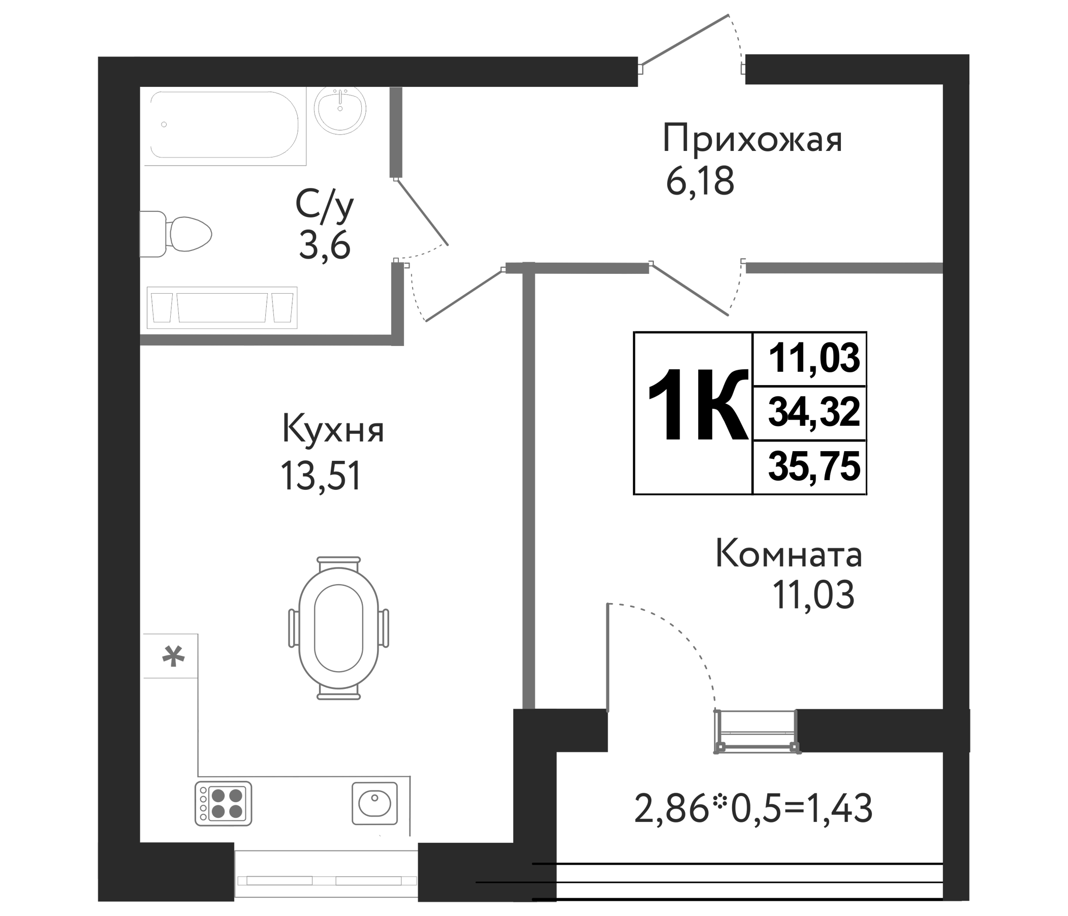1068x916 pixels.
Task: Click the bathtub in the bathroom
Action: [x=224, y=125]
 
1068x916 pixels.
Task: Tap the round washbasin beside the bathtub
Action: [x=340, y=110]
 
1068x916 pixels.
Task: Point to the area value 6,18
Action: [x=700, y=182]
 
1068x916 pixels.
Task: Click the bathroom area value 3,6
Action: [x=325, y=246]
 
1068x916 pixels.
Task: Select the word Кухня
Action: [x=333, y=430]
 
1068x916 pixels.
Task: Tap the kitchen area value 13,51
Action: [x=320, y=477]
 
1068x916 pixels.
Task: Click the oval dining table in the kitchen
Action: [x=339, y=627]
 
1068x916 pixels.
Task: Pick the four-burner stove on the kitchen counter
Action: [x=223, y=804]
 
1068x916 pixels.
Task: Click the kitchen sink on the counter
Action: [x=375, y=804]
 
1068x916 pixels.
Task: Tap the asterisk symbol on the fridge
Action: [x=173, y=657]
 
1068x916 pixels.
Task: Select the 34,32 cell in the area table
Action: [x=814, y=413]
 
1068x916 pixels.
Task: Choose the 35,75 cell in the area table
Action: [x=814, y=467]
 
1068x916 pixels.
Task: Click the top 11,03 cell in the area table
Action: [x=814, y=359]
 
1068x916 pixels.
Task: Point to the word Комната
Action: [x=789, y=555]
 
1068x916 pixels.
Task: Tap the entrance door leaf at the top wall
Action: [x=684, y=40]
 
